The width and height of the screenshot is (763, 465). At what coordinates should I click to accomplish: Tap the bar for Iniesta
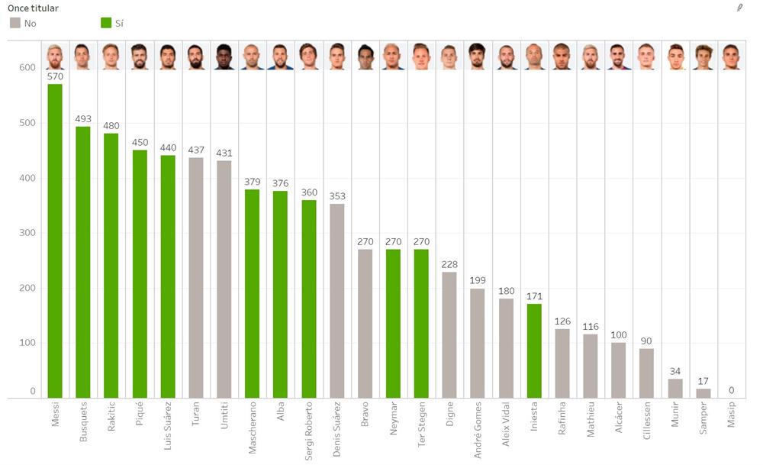[x=533, y=350]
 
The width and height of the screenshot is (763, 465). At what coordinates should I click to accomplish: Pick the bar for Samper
[x=703, y=393]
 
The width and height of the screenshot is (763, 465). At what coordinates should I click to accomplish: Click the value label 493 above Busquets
[x=83, y=119]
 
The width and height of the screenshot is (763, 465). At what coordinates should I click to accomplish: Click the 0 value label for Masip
[x=731, y=390]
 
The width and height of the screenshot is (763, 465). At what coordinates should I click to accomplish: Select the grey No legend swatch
[x=15, y=24]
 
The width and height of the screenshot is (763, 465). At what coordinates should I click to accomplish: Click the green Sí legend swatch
[x=106, y=24]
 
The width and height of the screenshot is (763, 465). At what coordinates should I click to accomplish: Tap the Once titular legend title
[x=33, y=8]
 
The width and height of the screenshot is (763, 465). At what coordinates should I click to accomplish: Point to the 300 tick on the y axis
[x=27, y=233]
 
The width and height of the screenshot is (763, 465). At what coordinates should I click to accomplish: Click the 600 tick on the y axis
[x=27, y=67]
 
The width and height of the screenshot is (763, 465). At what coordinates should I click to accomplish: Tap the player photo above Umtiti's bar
[x=224, y=57]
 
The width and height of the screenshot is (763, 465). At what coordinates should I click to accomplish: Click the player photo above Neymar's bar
[x=393, y=57]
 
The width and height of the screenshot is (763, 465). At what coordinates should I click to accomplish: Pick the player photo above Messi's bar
[x=55, y=57]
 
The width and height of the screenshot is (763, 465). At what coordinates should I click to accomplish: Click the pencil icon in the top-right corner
[x=739, y=7]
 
